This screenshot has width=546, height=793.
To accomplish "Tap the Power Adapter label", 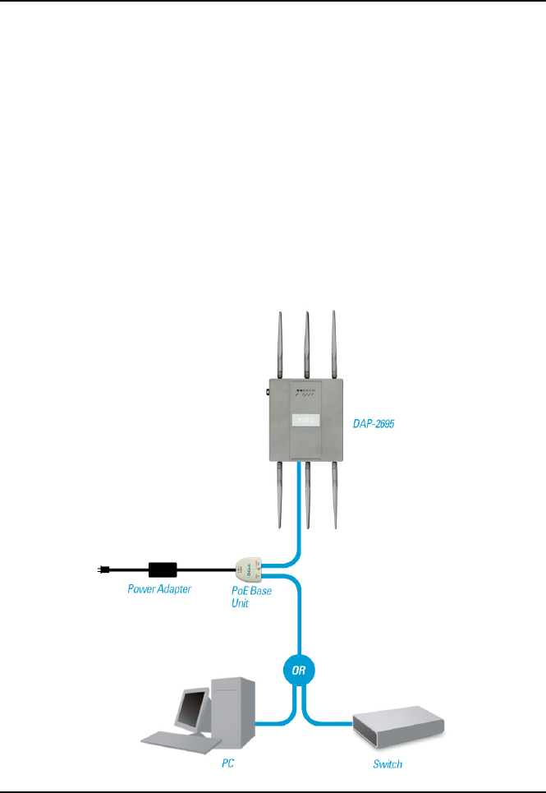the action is coord(159,588).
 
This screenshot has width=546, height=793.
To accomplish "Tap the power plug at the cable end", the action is coord(102,568).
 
